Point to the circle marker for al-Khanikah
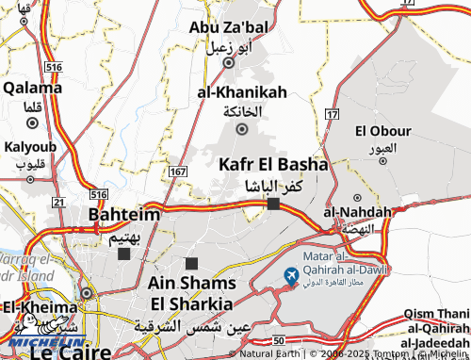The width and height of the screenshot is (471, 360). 242,129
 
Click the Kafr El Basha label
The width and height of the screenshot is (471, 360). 273,164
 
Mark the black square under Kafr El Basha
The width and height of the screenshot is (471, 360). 273,204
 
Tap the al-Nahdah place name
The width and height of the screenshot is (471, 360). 356,211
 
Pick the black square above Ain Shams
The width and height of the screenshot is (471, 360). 192,264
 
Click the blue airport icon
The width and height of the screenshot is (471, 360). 290,275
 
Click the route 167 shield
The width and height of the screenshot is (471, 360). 178,172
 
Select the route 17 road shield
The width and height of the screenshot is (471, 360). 331,114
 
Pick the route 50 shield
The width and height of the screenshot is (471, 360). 278,338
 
